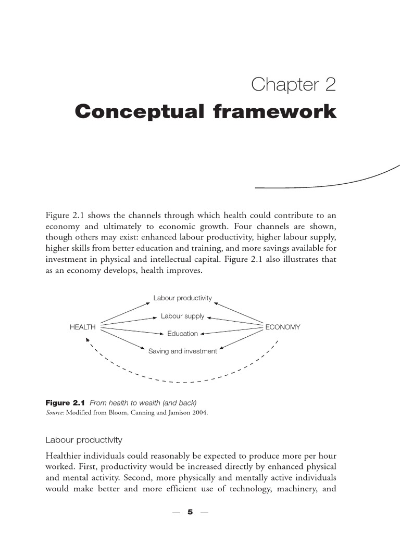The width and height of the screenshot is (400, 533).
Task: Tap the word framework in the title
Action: point(271,111)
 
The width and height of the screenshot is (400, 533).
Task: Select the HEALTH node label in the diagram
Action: point(83,327)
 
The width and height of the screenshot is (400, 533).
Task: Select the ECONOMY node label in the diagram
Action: point(283,327)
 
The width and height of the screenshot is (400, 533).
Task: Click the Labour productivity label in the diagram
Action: point(182,298)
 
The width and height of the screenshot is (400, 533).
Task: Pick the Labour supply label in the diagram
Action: point(182,316)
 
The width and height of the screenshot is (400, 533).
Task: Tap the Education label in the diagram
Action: point(182,334)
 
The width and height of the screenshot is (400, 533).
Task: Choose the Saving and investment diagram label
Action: point(182,351)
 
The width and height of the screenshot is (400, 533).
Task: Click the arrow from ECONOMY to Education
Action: point(232,331)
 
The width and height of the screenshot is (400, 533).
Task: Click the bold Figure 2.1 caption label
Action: point(65,403)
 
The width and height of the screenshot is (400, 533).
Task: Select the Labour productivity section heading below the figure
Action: point(84,440)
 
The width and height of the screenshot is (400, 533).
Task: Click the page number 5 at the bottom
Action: point(190,512)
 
